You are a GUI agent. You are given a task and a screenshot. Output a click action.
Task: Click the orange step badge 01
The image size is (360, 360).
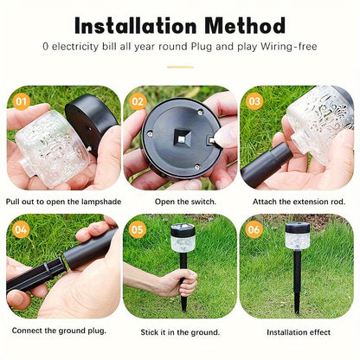coord(22,101)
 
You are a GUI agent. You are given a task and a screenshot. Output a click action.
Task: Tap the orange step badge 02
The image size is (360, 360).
coord(138,101)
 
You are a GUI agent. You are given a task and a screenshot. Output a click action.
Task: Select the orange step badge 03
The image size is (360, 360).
coord(254,101)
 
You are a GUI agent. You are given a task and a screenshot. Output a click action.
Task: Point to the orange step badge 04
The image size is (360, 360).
coord(21,229)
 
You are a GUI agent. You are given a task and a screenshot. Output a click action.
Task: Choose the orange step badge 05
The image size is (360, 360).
coord(138,229)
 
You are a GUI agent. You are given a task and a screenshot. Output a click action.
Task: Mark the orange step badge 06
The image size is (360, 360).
coord(254,229)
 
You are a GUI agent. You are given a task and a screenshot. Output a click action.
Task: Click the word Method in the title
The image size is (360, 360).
coord(245,26)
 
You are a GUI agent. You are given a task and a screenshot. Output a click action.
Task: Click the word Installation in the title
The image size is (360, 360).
coord(136,26)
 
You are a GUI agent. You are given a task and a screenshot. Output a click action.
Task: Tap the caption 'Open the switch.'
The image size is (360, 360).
coord(185,202)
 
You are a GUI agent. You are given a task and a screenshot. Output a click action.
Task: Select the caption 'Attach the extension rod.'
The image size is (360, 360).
coord(299,202)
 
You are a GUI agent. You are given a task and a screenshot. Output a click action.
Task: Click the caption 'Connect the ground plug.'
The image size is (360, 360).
coord(59,331)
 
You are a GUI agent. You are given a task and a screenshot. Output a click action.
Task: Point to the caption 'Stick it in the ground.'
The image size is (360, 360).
coord(180,332)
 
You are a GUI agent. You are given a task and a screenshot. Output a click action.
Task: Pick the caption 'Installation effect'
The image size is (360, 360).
coord(299,332)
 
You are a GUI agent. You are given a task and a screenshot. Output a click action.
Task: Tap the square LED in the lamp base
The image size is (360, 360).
coord(181,138)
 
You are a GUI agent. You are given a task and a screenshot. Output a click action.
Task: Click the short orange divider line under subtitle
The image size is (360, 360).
coord(180,67)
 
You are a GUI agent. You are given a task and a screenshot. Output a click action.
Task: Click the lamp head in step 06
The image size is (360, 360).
coord(298,235)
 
